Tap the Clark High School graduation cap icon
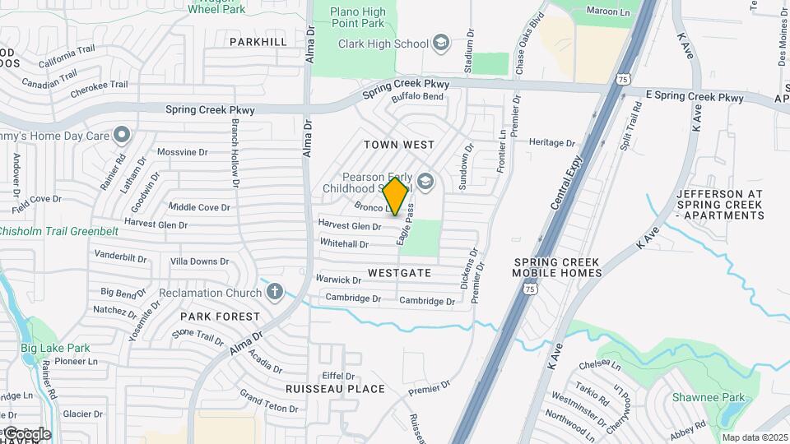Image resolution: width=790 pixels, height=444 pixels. pyautogui.click(x=442, y=44)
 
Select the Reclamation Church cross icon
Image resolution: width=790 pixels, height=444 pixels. pyautogui.click(x=274, y=292)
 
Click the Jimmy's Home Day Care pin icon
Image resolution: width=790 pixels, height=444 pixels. pyautogui.click(x=123, y=134)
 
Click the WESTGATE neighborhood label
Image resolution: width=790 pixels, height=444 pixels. pyautogui.click(x=399, y=272)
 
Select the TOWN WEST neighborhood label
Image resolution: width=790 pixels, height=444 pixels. pyautogui.click(x=399, y=145)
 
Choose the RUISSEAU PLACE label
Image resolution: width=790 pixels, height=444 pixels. pyautogui.click(x=335, y=389)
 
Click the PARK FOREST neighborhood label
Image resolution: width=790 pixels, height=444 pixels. pyautogui.click(x=220, y=316)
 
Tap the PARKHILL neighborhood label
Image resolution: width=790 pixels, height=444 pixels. pyautogui.click(x=258, y=41)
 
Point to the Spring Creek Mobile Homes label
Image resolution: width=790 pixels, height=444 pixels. pyautogui.click(x=556, y=267)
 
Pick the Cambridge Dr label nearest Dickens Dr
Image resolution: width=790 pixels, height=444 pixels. pyautogui.click(x=427, y=301)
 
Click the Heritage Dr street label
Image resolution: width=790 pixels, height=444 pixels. pyautogui.click(x=552, y=142)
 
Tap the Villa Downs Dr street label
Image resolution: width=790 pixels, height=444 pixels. pyautogui.click(x=199, y=261)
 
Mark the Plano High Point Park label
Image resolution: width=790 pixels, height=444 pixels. pyautogui.click(x=358, y=17)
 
